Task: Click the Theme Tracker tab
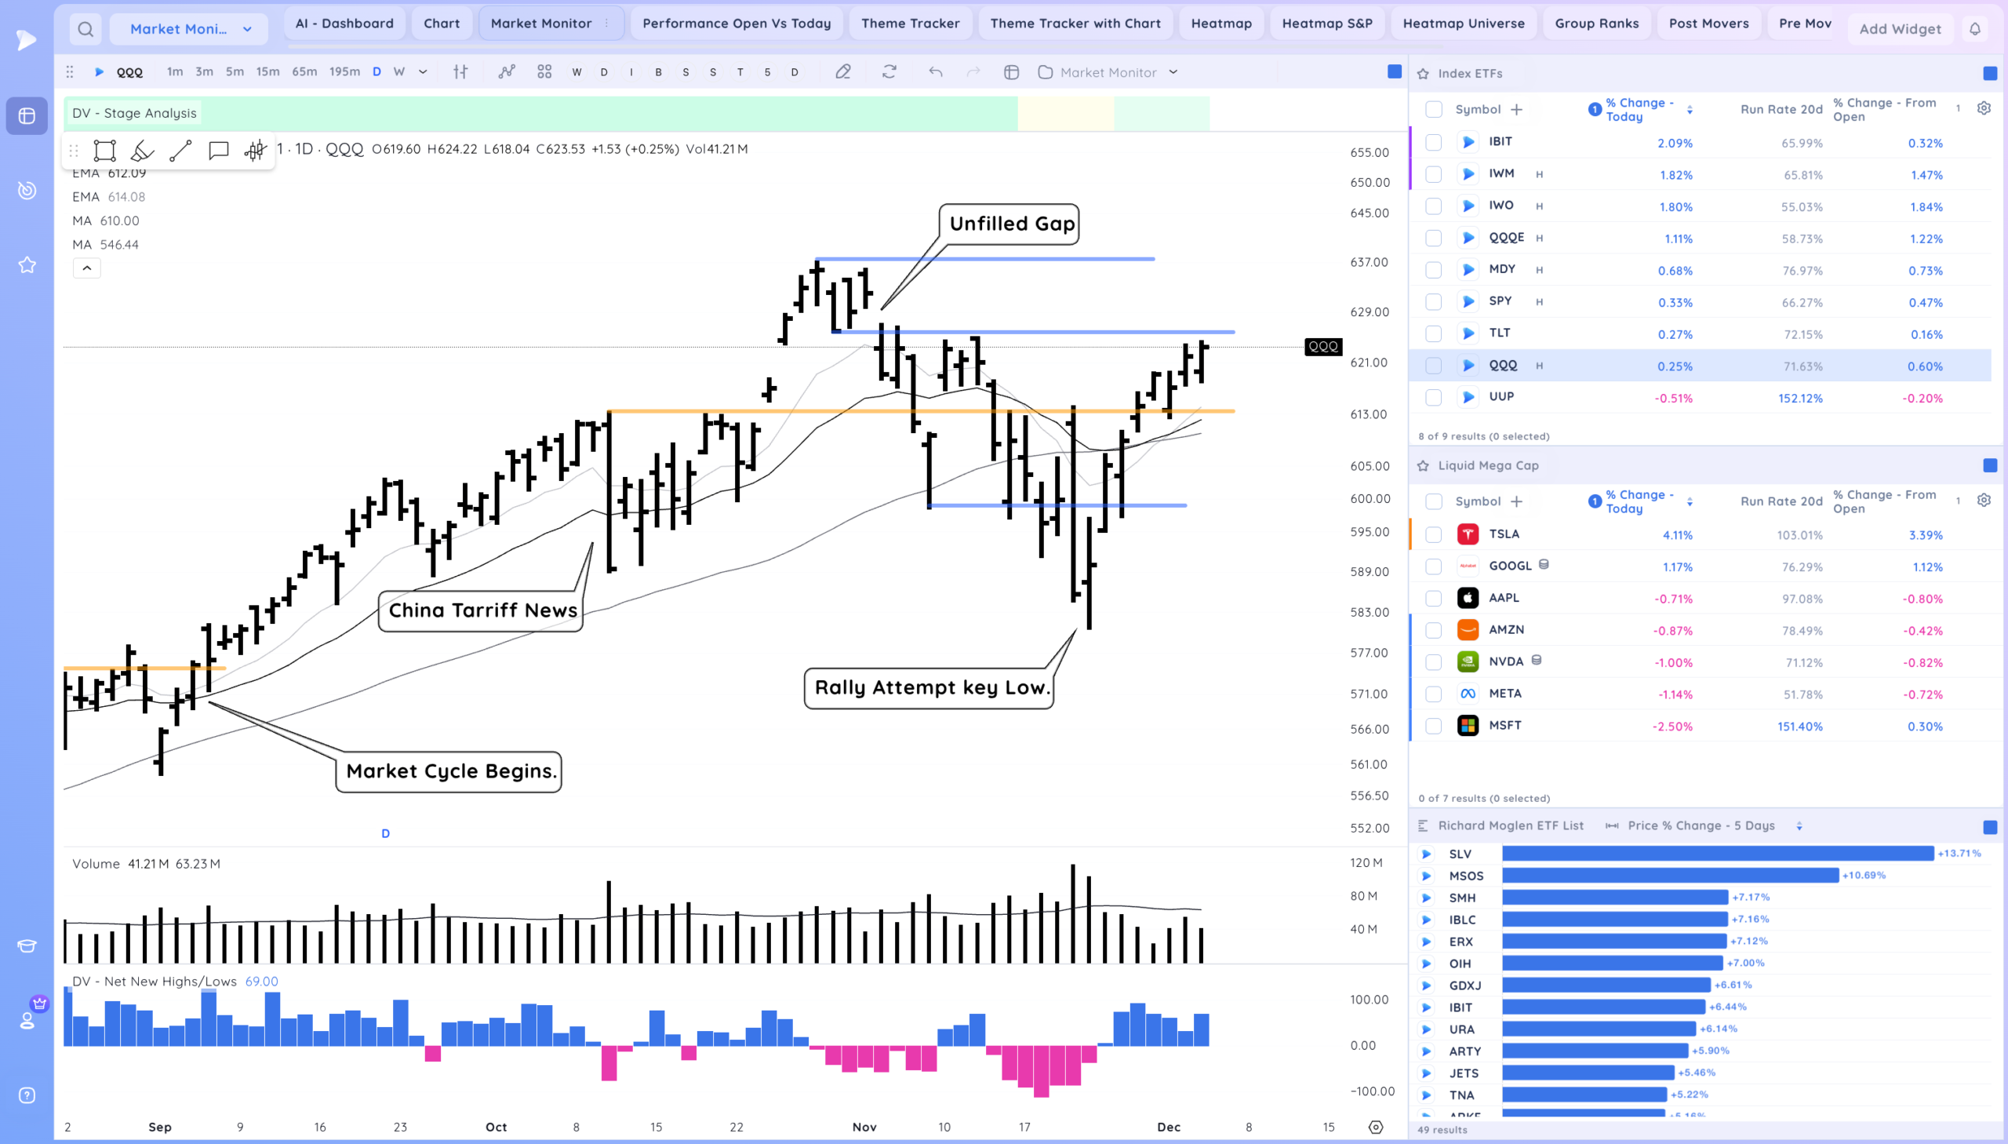pyautogui.click(x=909, y=24)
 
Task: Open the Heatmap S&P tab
pyautogui.click(x=1326, y=24)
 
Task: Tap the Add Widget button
pyautogui.click(x=1899, y=29)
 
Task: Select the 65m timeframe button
pyautogui.click(x=304, y=72)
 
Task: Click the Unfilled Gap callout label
pyautogui.click(x=1012, y=224)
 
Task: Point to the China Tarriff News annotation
pyautogui.click(x=482, y=610)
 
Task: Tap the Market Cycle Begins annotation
pyautogui.click(x=451, y=771)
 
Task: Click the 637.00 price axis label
pyautogui.click(x=1369, y=262)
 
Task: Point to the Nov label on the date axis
pyautogui.click(x=864, y=1127)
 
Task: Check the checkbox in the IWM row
pyautogui.click(x=1433, y=174)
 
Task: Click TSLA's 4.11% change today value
pyautogui.click(x=1677, y=535)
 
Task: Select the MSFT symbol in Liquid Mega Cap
pyautogui.click(x=1504, y=725)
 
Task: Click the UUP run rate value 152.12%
pyautogui.click(x=1799, y=399)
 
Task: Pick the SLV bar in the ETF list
pyautogui.click(x=1717, y=853)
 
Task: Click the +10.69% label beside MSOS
pyautogui.click(x=1863, y=876)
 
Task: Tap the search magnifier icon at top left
pyautogui.click(x=85, y=30)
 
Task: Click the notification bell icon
pyautogui.click(x=1974, y=30)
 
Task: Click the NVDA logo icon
pyautogui.click(x=1467, y=661)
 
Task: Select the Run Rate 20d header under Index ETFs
pyautogui.click(x=1781, y=110)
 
